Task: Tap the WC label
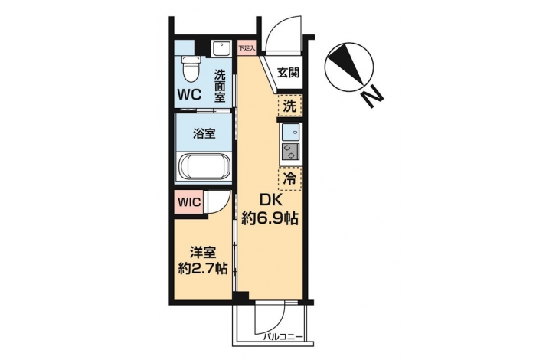tap(190, 94)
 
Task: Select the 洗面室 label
tap(220, 87)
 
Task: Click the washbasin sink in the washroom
tap(221, 49)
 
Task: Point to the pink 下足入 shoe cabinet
tap(247, 47)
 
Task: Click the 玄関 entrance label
tap(289, 73)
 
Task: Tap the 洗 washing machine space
tap(290, 106)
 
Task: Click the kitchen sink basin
tap(290, 133)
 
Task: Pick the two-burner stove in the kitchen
tap(290, 152)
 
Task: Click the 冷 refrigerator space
tap(290, 178)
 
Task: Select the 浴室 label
tap(204, 134)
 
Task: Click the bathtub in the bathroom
tap(204, 167)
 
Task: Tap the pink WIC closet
tap(189, 202)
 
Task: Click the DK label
tap(270, 201)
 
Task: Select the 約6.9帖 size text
tap(270, 218)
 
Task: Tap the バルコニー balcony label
tap(283, 337)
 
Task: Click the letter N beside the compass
tap(372, 97)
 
